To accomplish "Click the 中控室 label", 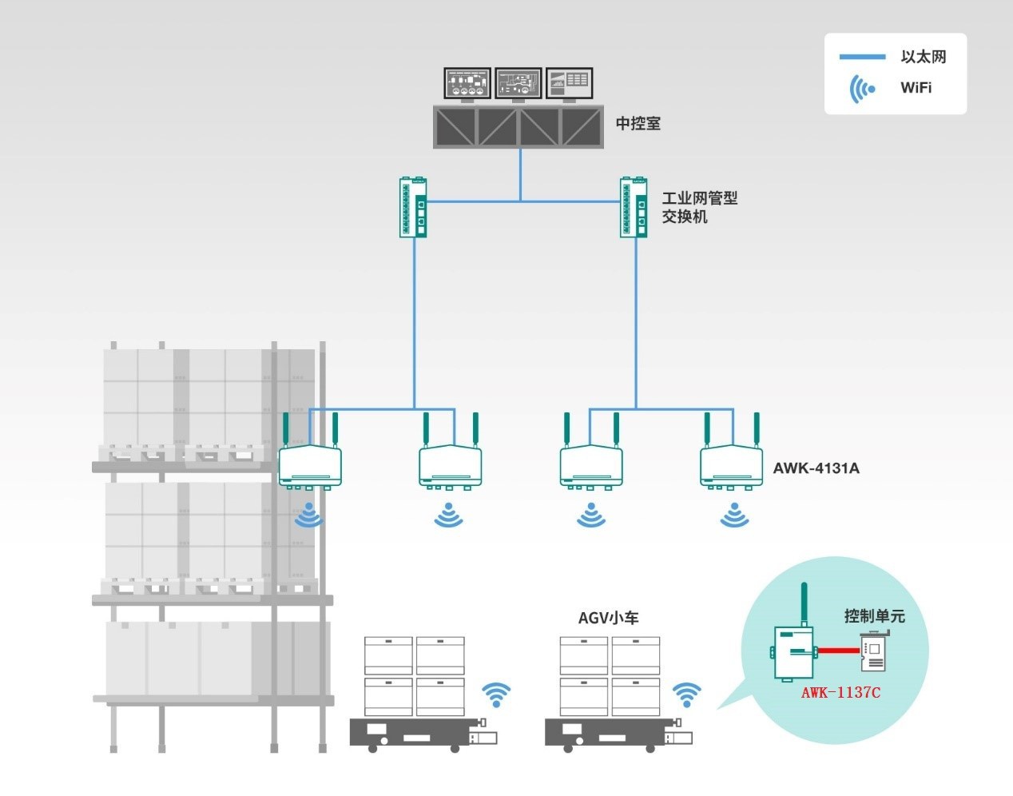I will pyautogui.click(x=638, y=124).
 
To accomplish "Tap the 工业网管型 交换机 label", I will pyautogui.click(x=699, y=207).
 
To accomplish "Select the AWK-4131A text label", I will pyautogui.click(x=816, y=468).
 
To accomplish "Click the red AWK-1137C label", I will pyautogui.click(x=840, y=692).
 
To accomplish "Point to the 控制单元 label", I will pyautogui.click(x=874, y=616).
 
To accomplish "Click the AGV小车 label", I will pyautogui.click(x=608, y=618).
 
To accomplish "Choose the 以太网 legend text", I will pyautogui.click(x=923, y=57).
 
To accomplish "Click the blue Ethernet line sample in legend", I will pyautogui.click(x=862, y=57).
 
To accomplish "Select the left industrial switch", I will pyautogui.click(x=414, y=207).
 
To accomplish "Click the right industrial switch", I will pyautogui.click(x=635, y=207).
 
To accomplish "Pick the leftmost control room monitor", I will pyautogui.click(x=467, y=84).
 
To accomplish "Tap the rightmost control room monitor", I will pyautogui.click(x=569, y=84).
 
